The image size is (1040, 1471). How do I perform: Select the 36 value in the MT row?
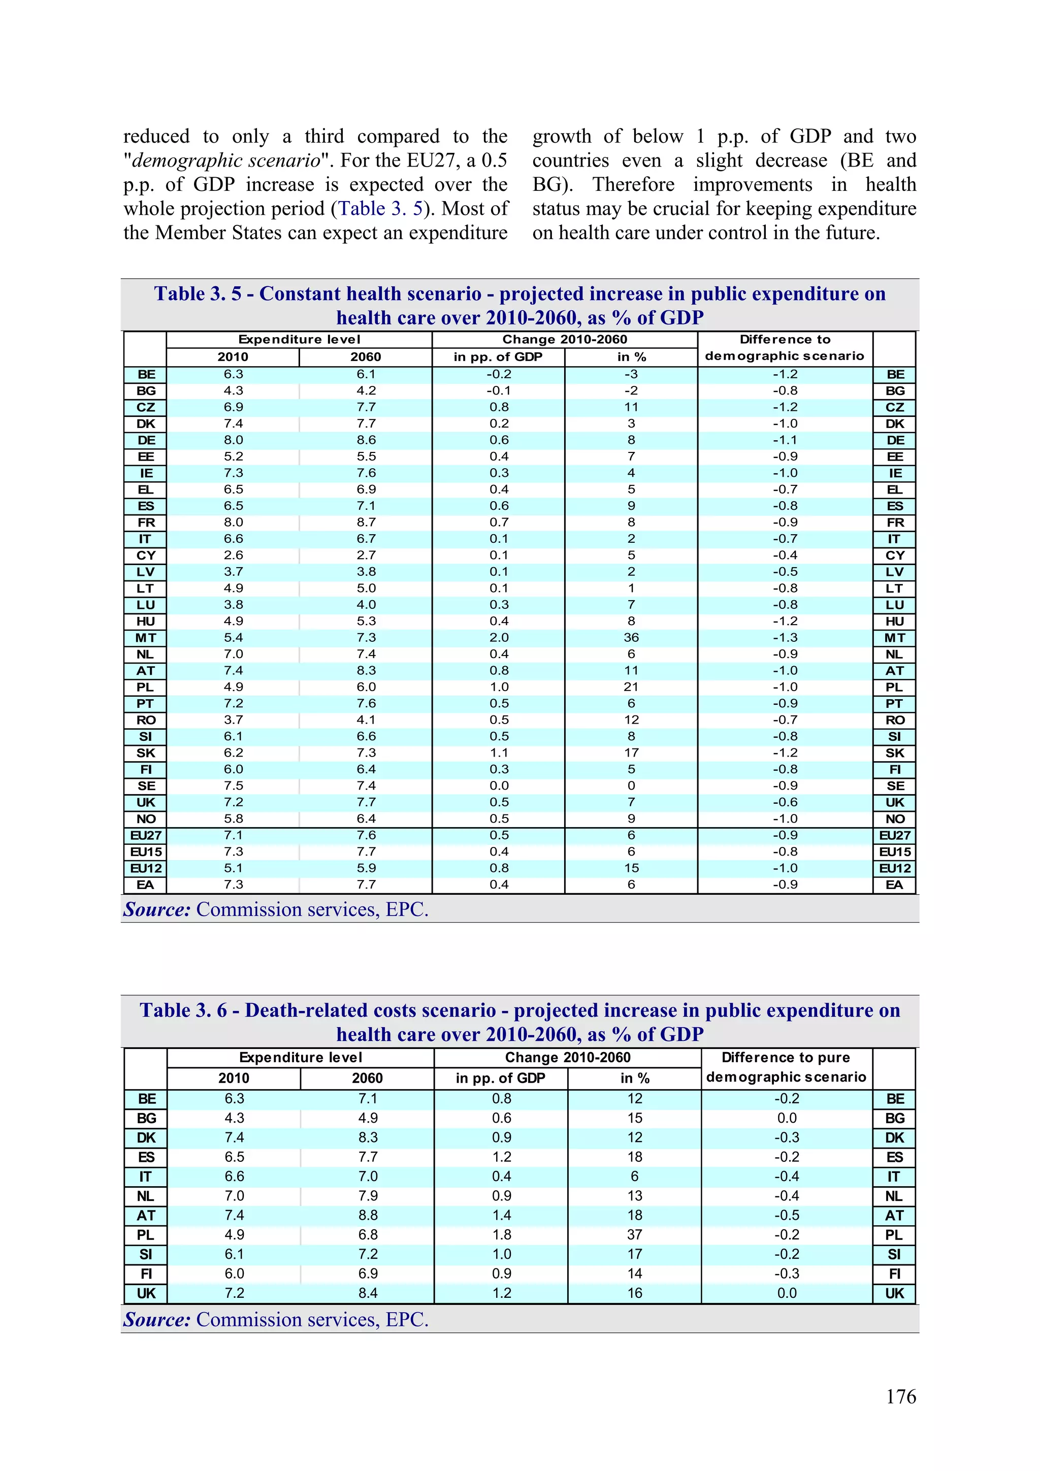pyautogui.click(x=631, y=637)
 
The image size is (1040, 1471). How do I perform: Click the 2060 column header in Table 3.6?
pyautogui.click(x=367, y=1078)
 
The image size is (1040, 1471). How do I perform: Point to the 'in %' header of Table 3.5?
pyautogui.click(x=631, y=357)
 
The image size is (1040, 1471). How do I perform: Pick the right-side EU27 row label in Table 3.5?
pyautogui.click(x=895, y=835)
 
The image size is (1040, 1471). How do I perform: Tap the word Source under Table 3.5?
pyautogui.click(x=157, y=910)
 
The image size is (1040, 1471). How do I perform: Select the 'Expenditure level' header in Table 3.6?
pyautogui.click(x=301, y=1057)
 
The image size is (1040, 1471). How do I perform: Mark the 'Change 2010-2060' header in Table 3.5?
pyautogui.click(x=565, y=340)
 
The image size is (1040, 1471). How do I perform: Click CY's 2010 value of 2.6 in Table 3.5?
pyautogui.click(x=233, y=555)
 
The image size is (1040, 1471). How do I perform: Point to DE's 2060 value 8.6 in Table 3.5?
pyautogui.click(x=366, y=440)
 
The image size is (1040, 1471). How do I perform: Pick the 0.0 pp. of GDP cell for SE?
pyautogui.click(x=499, y=786)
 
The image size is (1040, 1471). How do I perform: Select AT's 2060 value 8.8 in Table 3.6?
pyautogui.click(x=368, y=1216)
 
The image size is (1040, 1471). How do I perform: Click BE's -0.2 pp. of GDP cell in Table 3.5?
pyautogui.click(x=499, y=374)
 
